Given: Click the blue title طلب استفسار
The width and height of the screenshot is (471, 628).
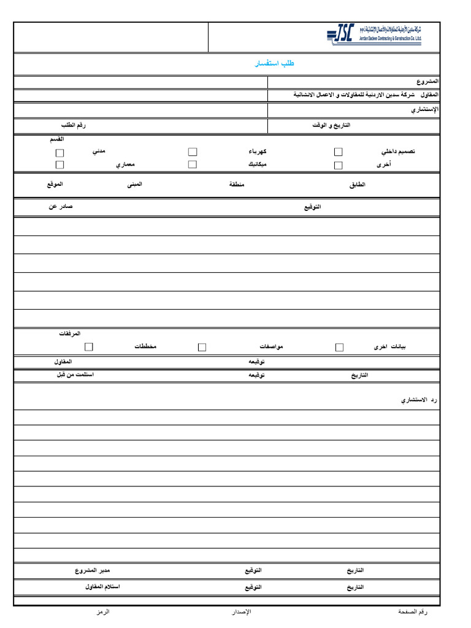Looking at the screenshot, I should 275,64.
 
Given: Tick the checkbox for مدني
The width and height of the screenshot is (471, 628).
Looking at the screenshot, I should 59,152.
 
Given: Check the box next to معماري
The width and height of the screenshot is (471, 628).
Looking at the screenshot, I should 59,165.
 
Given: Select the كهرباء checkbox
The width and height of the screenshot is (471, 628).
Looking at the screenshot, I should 193,151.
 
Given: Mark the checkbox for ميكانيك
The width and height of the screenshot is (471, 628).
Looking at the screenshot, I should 193,164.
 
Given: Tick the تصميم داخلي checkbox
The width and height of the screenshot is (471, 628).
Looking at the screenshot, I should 338,151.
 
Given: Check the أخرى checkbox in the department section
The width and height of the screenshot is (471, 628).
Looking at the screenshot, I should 338,165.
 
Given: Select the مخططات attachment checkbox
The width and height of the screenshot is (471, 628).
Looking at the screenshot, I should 89,347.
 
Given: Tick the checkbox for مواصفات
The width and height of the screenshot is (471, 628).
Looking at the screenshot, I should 202,347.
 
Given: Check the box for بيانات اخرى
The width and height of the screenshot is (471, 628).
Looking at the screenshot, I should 339,347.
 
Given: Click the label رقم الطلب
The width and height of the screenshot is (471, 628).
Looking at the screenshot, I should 72,125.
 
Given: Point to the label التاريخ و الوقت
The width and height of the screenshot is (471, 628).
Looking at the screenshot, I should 331,125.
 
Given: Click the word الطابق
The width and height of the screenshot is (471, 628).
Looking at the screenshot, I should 357,185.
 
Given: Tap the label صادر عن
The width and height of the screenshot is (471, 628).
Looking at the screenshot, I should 61,207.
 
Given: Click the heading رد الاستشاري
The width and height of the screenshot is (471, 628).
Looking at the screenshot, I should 418,400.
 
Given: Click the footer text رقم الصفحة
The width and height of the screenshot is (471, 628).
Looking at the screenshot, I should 412,612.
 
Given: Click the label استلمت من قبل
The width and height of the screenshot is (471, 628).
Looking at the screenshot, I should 75,374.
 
